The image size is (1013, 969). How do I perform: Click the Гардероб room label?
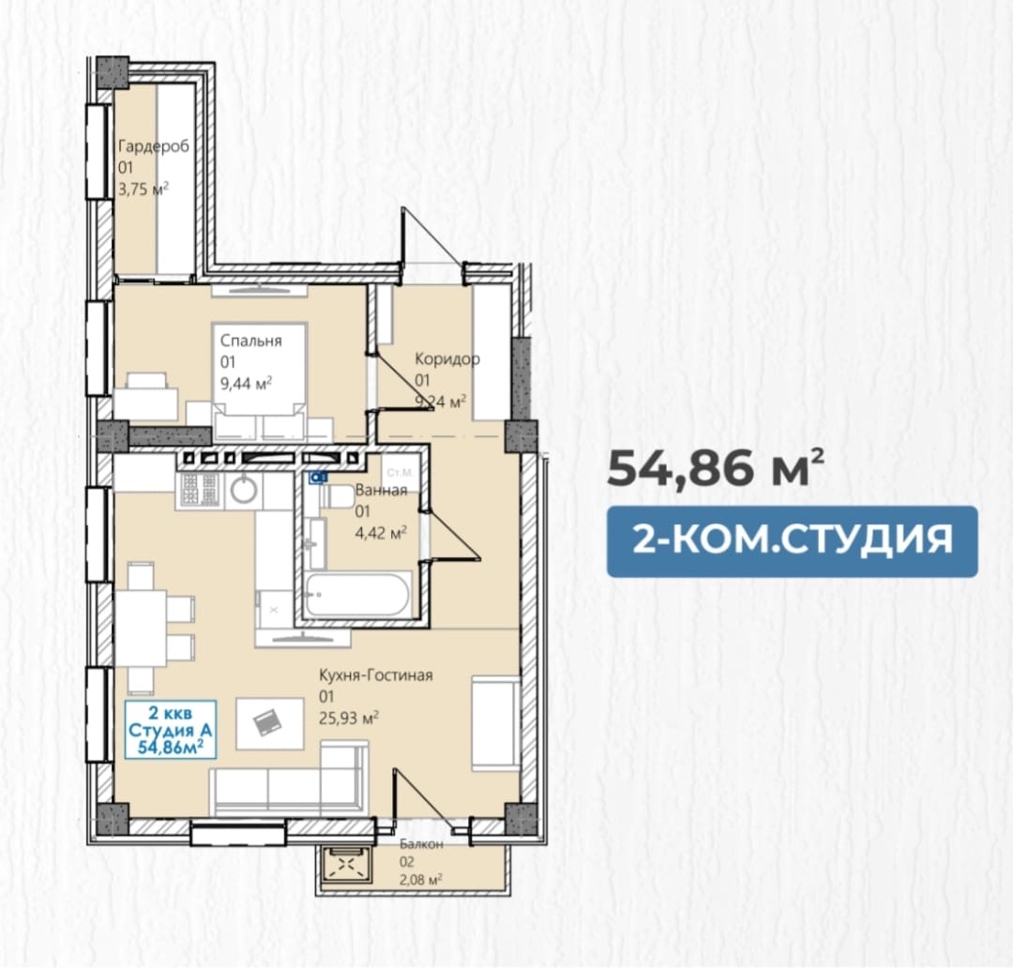(154, 146)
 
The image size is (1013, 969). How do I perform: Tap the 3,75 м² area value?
(144, 189)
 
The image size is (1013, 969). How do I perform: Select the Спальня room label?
(250, 341)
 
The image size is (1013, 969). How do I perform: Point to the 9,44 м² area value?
(246, 384)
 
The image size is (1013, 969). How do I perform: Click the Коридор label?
(447, 358)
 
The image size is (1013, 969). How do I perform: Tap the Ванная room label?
(381, 490)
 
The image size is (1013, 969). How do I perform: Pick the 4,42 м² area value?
(381, 533)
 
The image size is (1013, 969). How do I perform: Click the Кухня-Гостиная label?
(376, 675)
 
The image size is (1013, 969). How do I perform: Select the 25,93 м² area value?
(349, 718)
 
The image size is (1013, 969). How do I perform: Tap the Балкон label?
(421, 844)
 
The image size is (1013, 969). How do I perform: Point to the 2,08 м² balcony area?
(420, 879)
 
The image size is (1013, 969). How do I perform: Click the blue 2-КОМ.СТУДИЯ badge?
(792, 541)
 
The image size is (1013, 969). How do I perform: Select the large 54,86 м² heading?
(716, 467)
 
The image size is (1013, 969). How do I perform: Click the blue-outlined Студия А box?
(171, 730)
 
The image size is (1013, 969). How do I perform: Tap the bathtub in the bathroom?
(356, 595)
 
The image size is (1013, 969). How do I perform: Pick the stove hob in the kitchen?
(200, 489)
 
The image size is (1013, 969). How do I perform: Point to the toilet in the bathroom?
(338, 496)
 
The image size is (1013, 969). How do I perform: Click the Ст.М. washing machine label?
(400, 473)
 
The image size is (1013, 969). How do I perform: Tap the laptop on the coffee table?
(268, 722)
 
